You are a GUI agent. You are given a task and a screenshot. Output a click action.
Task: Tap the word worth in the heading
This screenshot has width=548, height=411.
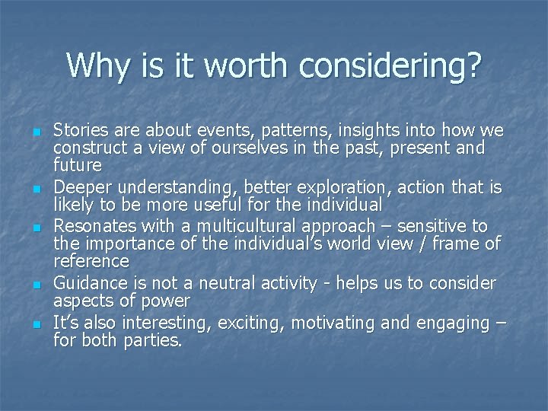(x=247, y=66)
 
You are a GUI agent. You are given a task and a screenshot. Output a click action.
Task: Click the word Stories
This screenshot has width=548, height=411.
(x=80, y=129)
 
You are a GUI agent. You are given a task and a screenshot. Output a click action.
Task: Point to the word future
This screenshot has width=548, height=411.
(x=78, y=164)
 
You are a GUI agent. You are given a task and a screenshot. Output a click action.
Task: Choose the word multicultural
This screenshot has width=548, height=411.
(x=235, y=226)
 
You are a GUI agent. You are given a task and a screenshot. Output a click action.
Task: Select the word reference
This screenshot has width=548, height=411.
(x=91, y=261)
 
